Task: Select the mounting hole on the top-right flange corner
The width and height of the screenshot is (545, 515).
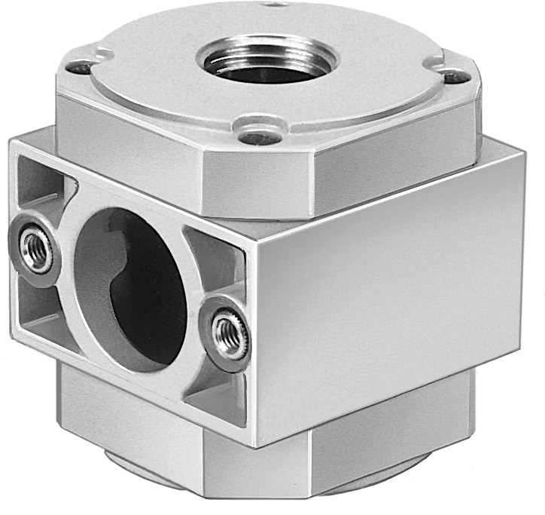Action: (451, 75)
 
